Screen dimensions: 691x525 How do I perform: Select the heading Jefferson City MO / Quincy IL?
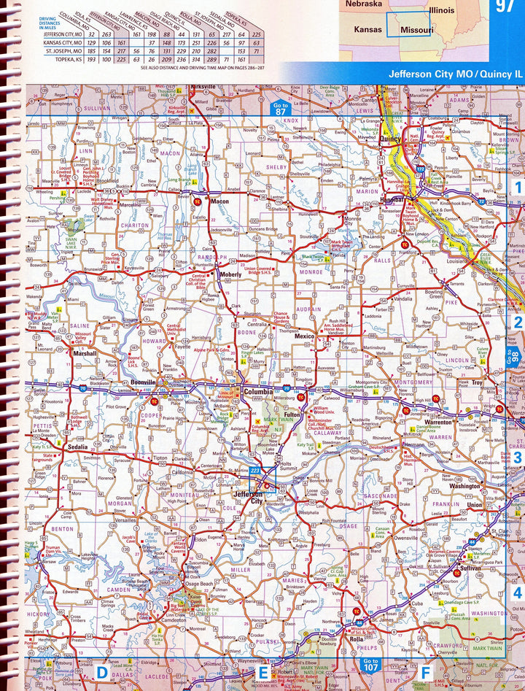tap(455, 74)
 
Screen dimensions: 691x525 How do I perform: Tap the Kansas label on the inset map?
tap(367, 29)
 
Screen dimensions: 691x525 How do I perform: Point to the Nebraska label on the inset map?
tap(364, 4)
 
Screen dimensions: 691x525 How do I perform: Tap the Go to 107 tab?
tap(369, 665)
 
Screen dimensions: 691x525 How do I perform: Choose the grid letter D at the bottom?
tap(102, 671)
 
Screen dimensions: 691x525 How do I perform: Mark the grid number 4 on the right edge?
tap(517, 592)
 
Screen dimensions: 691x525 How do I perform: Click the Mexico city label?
tap(304, 336)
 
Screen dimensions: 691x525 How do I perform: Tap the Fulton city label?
tap(293, 414)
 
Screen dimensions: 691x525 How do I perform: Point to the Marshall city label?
tap(85, 354)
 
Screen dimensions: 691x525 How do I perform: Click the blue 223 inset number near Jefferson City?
tap(254, 472)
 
